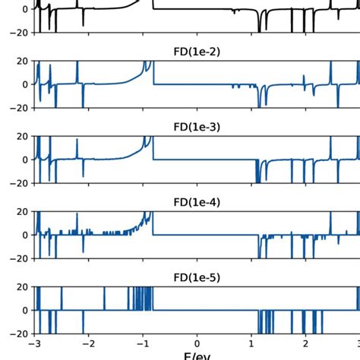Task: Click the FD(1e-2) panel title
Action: pos(197,52)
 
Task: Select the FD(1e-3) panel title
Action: pos(197,128)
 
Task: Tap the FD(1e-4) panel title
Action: pos(197,203)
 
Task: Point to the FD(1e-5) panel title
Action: pos(197,278)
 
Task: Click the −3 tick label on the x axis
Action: pos(34,344)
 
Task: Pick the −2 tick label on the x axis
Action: pos(88,344)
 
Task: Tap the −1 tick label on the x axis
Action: pos(142,344)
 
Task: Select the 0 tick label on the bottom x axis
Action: pos(197,344)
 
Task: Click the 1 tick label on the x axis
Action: pos(251,344)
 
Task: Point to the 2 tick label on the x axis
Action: pos(305,344)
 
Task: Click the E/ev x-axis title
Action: pos(197,355)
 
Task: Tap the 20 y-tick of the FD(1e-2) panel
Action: pos(23,62)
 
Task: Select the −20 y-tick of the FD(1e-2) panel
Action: pos(19,108)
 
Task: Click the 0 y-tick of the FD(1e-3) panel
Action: pos(26,159)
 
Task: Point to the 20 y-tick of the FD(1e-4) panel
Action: pos(23,212)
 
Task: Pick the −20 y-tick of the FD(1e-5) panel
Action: pos(19,334)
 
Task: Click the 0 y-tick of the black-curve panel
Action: pos(26,9)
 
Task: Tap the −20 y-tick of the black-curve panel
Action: pos(19,33)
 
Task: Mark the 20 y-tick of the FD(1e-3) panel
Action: pos(23,137)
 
